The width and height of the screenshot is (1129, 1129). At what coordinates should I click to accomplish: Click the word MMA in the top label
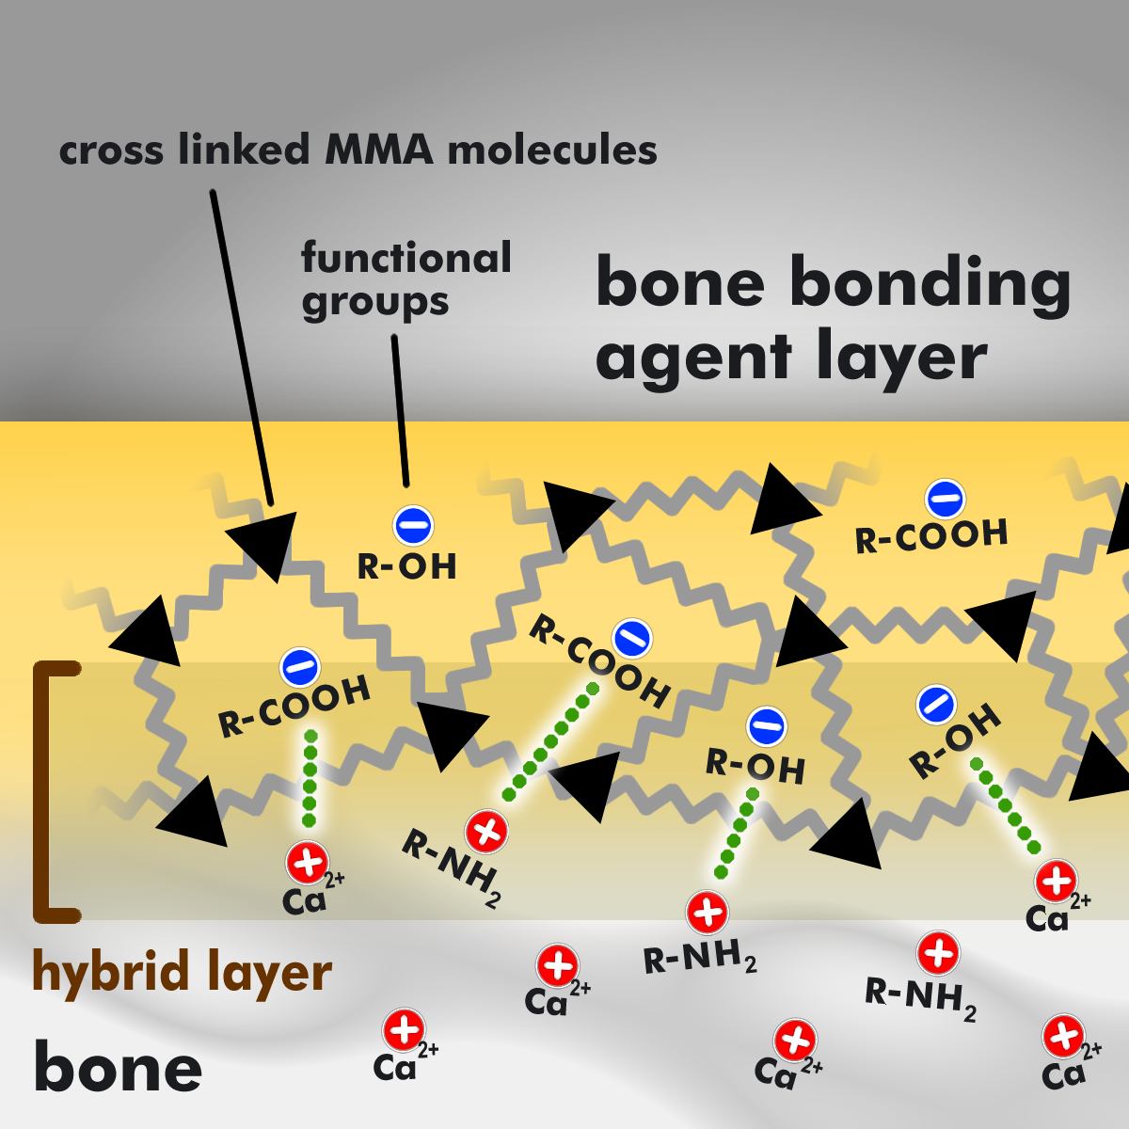coord(379,150)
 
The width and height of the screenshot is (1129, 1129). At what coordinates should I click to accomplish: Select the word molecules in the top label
coord(552,149)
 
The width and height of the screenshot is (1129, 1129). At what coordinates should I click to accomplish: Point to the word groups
coord(375,304)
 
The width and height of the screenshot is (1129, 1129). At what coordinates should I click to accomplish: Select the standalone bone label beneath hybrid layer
coord(118,1069)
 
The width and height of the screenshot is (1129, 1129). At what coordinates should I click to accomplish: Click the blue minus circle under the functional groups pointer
coord(413,526)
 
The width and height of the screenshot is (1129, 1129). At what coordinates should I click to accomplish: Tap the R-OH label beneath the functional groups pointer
coord(406,566)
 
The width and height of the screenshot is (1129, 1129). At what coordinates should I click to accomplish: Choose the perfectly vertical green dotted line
coord(310,778)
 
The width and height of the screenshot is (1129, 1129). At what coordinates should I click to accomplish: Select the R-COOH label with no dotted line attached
coord(931,535)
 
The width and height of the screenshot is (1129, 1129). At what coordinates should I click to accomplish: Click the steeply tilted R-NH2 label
coord(452,868)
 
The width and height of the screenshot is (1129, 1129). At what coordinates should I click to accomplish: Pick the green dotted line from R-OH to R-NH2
coord(737,834)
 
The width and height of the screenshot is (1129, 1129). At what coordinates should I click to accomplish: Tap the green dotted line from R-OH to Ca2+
coord(1006,805)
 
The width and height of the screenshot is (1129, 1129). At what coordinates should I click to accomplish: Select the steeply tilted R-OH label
coord(954,740)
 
